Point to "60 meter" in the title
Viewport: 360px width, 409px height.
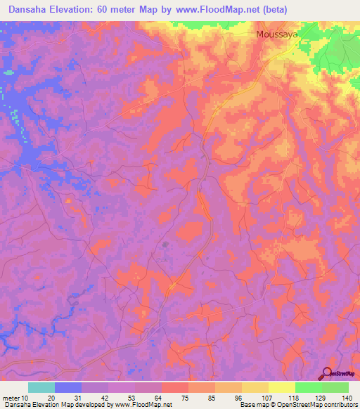tap(122, 8)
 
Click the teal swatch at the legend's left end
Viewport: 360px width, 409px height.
tap(41, 387)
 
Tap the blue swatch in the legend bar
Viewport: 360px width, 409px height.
tap(67, 387)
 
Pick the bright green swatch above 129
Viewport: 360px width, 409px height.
tap(308, 387)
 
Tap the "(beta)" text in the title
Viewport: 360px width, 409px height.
tap(271, 8)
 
